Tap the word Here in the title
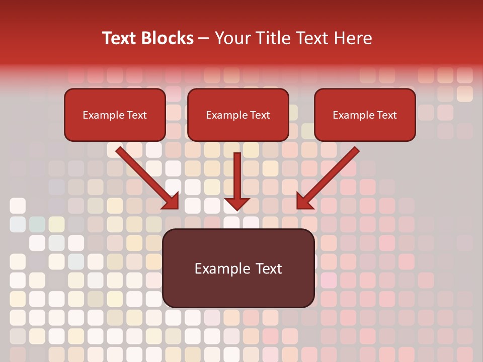[352, 38]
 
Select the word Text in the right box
[386, 115]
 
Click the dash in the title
[204, 39]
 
